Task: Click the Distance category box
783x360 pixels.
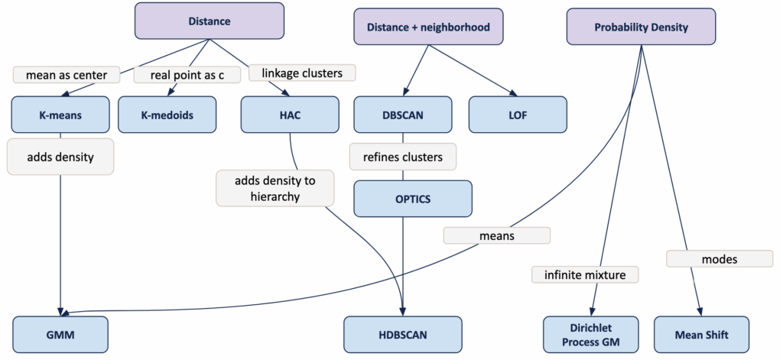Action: [x=209, y=21]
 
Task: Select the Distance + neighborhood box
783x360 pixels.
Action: [x=428, y=28]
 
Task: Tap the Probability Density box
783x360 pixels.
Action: [x=641, y=28]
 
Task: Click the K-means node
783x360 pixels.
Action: [x=60, y=115]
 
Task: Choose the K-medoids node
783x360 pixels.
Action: [x=167, y=115]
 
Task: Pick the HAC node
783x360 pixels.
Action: [x=289, y=115]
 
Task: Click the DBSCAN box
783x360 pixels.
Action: [x=403, y=115]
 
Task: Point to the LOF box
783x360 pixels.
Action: [x=518, y=115]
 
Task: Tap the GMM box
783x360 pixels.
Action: [x=60, y=334]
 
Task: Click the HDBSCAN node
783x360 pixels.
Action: [x=403, y=334]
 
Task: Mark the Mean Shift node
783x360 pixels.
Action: [x=701, y=334]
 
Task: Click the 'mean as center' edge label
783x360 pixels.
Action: [x=67, y=75]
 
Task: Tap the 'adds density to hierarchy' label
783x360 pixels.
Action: [x=275, y=188]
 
